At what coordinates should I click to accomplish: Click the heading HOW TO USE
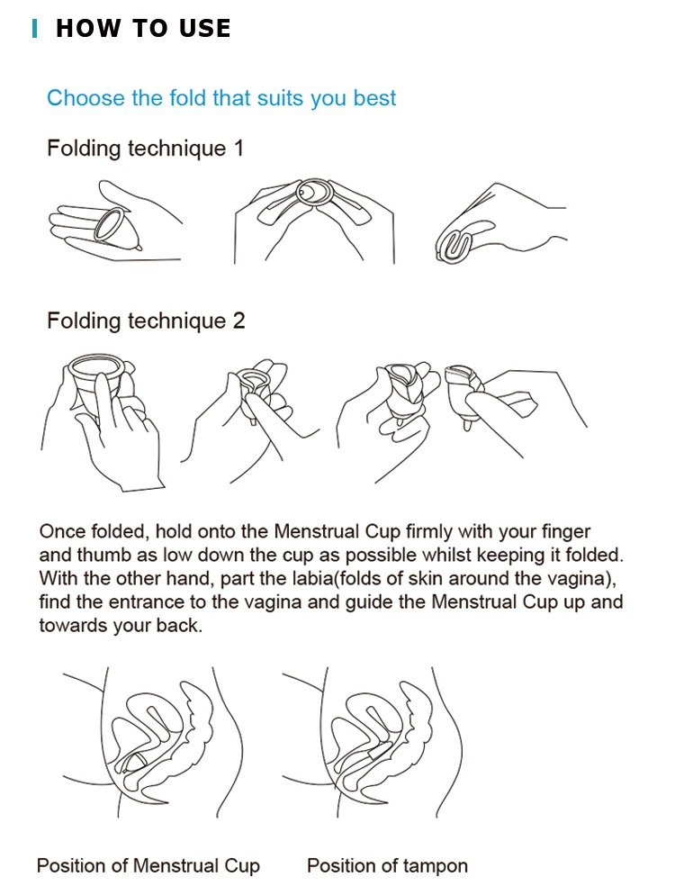coord(143,29)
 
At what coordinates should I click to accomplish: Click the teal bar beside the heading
coord(35,29)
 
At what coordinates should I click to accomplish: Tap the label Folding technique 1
coord(146,149)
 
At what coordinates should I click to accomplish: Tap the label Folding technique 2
coord(146,321)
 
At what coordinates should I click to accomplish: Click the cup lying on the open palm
coord(118,229)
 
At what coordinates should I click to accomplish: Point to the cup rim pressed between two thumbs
coord(313,193)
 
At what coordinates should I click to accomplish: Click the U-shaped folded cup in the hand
coord(454,246)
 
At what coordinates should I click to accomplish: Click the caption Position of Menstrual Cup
coord(148,866)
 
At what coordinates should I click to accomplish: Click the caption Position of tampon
coord(387,866)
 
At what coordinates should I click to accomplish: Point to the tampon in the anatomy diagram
coord(379,752)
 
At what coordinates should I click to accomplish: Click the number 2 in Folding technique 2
coord(238,321)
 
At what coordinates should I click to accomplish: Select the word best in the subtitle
coord(374,97)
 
